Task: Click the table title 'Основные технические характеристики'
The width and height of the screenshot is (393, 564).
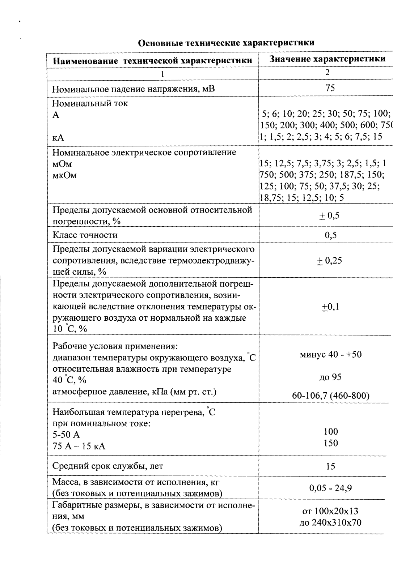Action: pyautogui.click(x=227, y=43)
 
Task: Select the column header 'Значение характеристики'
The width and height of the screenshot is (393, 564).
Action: pyautogui.click(x=327, y=59)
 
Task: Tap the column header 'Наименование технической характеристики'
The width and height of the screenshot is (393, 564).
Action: pyautogui.click(x=152, y=60)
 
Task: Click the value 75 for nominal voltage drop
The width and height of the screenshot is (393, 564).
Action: pyautogui.click(x=330, y=88)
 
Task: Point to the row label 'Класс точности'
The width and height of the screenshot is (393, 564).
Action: pyautogui.click(x=85, y=235)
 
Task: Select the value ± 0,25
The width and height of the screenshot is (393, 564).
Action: pyautogui.click(x=330, y=261)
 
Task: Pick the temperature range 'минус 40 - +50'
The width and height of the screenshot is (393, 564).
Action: pyautogui.click(x=330, y=354)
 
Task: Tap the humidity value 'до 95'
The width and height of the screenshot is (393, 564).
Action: pyautogui.click(x=330, y=377)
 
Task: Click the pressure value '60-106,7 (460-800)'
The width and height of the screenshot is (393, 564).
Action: pyautogui.click(x=330, y=396)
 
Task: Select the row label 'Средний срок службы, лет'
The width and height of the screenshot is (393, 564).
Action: pyautogui.click(x=108, y=466)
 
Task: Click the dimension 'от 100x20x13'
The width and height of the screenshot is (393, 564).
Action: pyautogui.click(x=330, y=511)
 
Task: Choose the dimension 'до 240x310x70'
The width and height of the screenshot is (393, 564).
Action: pyautogui.click(x=330, y=522)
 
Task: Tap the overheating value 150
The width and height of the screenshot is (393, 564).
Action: pyautogui.click(x=331, y=443)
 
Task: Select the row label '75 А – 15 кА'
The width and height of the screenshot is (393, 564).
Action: pyautogui.click(x=79, y=446)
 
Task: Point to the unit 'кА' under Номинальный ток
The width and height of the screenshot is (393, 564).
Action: pyautogui.click(x=58, y=138)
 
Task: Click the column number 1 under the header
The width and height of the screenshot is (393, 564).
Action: pyautogui.click(x=162, y=74)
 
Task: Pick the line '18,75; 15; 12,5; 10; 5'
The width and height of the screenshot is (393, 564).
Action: pyautogui.click(x=302, y=198)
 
